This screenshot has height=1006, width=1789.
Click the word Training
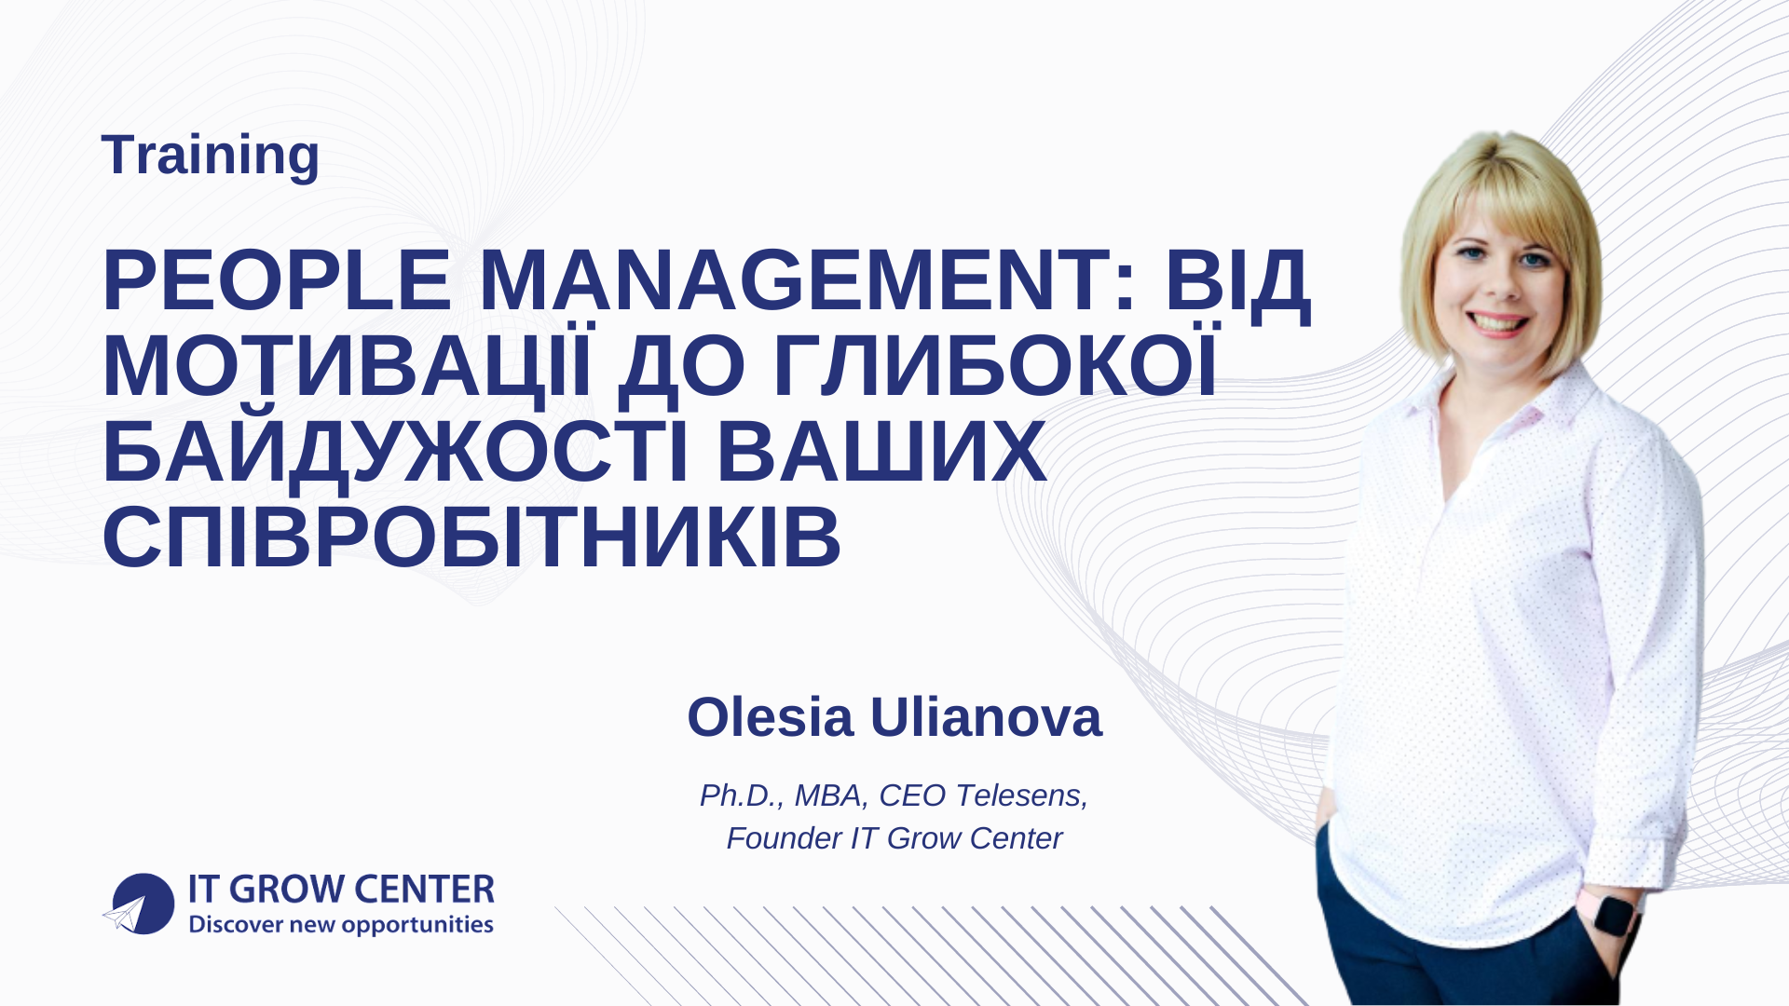tap(210, 155)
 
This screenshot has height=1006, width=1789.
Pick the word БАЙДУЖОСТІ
tap(395, 454)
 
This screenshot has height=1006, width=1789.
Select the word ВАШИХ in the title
tap(881, 454)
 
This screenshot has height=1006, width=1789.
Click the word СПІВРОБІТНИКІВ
tap(471, 539)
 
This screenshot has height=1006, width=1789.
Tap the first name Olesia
tap(770, 717)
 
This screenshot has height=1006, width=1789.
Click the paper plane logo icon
tap(138, 904)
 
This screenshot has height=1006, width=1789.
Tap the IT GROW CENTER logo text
tap(341, 890)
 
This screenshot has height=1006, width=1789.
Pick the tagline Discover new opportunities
tap(341, 925)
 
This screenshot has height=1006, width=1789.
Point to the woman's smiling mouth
tap(1497, 323)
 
